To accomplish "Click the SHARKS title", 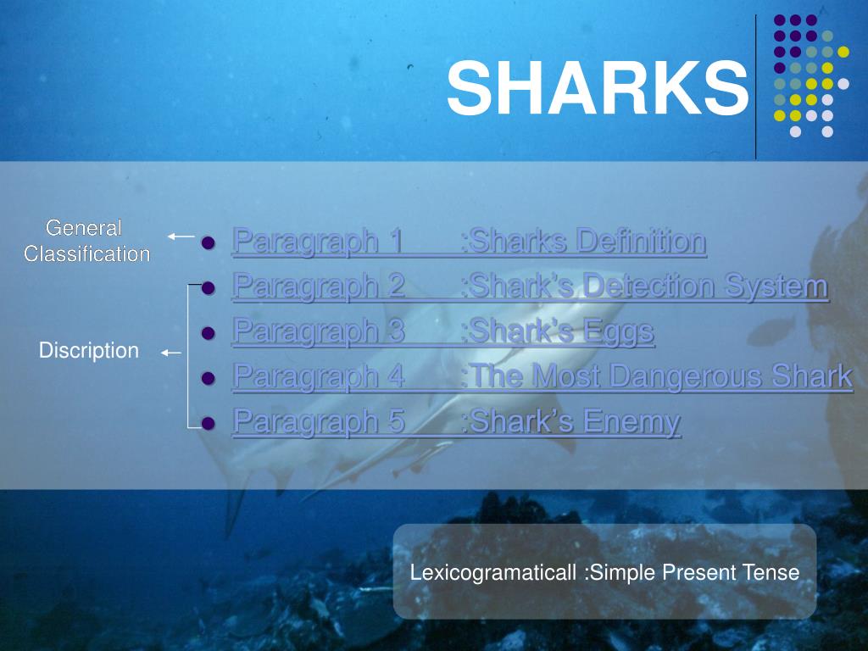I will tap(598, 88).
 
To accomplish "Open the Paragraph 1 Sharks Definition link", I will tap(468, 242).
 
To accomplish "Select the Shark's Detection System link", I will tap(529, 287).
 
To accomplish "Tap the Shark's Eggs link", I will tap(442, 331).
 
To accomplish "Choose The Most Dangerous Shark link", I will tap(542, 376).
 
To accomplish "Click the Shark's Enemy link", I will tap(456, 421).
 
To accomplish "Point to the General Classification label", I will tap(86, 241).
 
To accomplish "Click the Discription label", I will tap(89, 350).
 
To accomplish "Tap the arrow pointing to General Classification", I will tap(181, 237).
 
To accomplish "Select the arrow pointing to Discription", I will tap(171, 352).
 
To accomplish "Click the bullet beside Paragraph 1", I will tap(209, 243).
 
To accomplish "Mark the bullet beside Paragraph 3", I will tap(209, 333).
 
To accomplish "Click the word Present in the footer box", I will tap(699, 572).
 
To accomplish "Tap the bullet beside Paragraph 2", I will tap(209, 288).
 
